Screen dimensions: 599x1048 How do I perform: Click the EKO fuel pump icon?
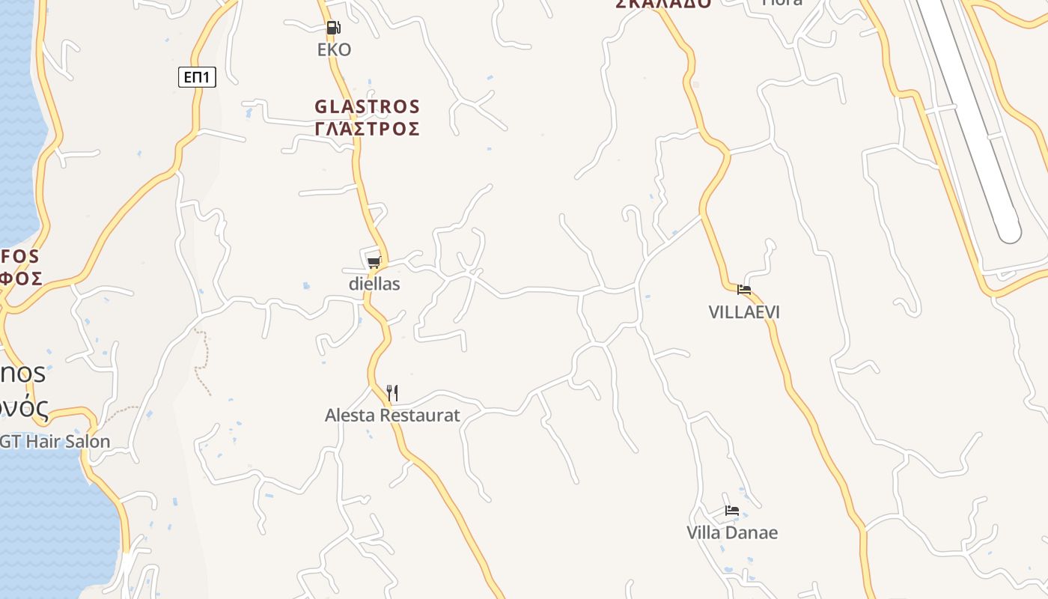click(x=333, y=28)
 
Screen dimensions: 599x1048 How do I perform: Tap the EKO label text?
click(x=334, y=49)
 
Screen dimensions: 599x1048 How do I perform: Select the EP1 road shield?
click(x=197, y=76)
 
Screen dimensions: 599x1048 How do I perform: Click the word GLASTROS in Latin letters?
click(x=367, y=106)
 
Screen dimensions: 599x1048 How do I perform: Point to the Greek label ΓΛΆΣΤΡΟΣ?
click(x=367, y=129)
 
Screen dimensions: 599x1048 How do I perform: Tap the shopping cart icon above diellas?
click(x=374, y=262)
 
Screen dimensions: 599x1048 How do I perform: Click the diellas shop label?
click(x=374, y=284)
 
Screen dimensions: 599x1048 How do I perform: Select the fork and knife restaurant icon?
click(x=392, y=392)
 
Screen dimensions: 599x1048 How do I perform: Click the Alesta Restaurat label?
click(x=392, y=415)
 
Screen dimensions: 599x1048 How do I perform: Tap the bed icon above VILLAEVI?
click(x=743, y=289)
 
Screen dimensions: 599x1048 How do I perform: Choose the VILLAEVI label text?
click(x=744, y=311)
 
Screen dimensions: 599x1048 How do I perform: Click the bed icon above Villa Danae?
click(x=731, y=511)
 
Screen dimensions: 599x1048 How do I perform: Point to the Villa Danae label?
click(x=732, y=532)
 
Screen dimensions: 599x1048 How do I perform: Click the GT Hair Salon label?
click(x=55, y=442)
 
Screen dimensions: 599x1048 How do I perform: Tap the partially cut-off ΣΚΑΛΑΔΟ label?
click(x=663, y=4)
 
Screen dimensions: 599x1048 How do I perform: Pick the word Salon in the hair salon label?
click(x=91, y=442)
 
